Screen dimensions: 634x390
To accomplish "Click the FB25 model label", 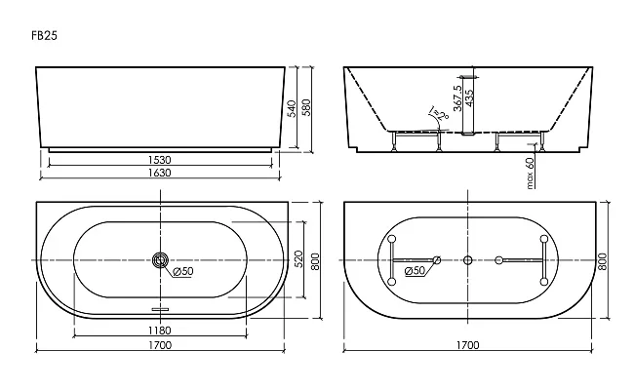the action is click(x=45, y=35).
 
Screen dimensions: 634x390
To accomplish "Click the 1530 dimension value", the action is click(x=160, y=160).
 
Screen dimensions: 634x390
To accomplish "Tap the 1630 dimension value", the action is click(x=160, y=173).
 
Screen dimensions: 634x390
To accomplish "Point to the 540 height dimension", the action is click(x=292, y=108).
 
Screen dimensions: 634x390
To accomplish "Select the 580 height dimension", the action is click(x=306, y=107).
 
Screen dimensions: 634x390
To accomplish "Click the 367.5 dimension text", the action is click(x=457, y=97).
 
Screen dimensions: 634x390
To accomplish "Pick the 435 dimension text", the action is click(x=469, y=98).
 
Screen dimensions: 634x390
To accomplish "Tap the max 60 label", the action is click(x=530, y=173).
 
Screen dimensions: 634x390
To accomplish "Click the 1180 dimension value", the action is click(x=160, y=331).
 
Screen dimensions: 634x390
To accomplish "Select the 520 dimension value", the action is click(x=298, y=259).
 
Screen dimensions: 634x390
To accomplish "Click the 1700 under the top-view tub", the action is click(x=160, y=345).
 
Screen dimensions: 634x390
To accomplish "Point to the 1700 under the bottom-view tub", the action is click(x=468, y=345).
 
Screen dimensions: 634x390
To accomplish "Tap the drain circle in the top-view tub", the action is click(x=161, y=260).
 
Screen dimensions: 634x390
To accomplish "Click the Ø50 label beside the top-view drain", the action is click(x=183, y=271).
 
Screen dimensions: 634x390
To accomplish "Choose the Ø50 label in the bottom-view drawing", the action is click(x=415, y=270).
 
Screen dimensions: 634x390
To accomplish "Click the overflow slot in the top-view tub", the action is click(x=161, y=310).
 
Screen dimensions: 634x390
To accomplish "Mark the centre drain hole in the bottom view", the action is click(x=468, y=260).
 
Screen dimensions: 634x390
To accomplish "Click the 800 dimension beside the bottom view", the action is click(x=602, y=261).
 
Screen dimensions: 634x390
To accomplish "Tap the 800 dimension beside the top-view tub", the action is click(x=315, y=261).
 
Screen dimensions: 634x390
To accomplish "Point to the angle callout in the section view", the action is click(x=440, y=113).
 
